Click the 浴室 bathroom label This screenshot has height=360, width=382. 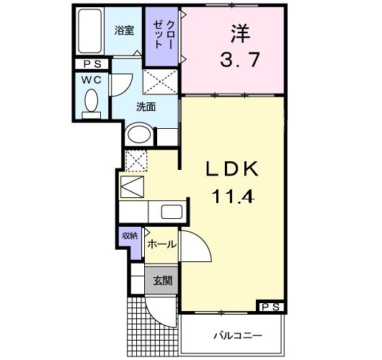coord(125,30)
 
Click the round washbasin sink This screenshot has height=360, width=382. coord(138,135)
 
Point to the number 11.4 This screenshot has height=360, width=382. coord(233,195)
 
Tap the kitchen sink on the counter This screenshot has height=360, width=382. coord(172,212)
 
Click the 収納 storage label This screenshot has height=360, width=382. coord(130,236)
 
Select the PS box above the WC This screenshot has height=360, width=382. coord(91,63)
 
